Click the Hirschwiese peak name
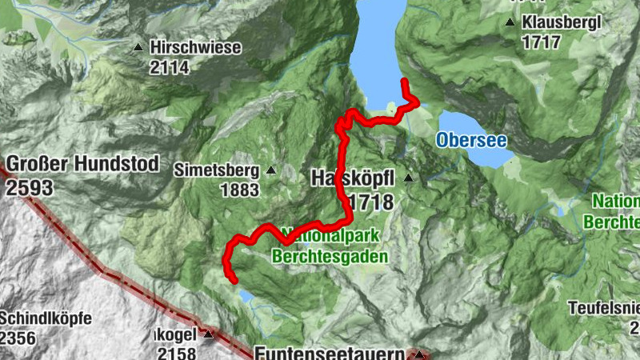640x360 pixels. tap(195, 48)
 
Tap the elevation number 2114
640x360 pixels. tap(169, 68)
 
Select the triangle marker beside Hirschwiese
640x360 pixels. tap(138, 48)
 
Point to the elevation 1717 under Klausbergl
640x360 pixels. tap(541, 42)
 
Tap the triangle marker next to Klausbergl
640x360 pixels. tap(510, 22)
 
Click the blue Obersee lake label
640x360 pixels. tap(471, 140)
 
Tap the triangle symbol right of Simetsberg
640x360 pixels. tap(270, 170)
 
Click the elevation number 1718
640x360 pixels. tap(370, 201)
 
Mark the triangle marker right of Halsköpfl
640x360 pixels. tap(409, 178)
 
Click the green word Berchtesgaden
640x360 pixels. tap(330, 257)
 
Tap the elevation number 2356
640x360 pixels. tap(18, 338)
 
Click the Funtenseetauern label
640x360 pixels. tap(328, 352)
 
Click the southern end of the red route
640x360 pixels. tap(234, 280)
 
